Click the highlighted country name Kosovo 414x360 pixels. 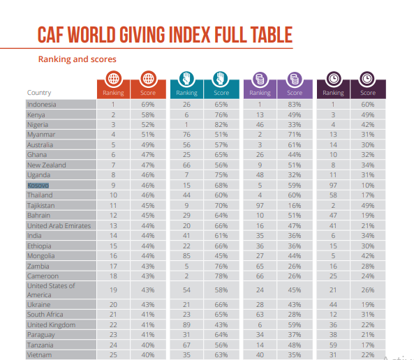coord(38,186)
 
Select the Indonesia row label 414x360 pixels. coord(42,105)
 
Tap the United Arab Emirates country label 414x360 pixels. coord(59,226)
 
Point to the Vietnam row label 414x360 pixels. coord(40,355)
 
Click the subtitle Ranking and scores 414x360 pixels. coord(77,59)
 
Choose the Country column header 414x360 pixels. coord(39,93)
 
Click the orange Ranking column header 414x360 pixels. coord(114,93)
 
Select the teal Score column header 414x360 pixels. coord(221,93)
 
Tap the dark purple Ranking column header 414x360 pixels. coord(333,93)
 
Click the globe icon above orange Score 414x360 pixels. coord(149,79)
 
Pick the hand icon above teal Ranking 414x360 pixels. coord(186,79)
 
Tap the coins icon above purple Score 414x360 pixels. coord(295,79)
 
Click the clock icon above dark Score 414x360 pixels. coord(367,79)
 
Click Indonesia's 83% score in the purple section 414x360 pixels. coord(295,105)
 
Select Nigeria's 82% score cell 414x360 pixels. coord(221,125)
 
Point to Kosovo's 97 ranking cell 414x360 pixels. coord(333,186)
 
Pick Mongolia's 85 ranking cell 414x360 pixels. coord(186,256)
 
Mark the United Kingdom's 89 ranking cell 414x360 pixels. coord(186,325)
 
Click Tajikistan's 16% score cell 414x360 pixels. coord(295,206)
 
